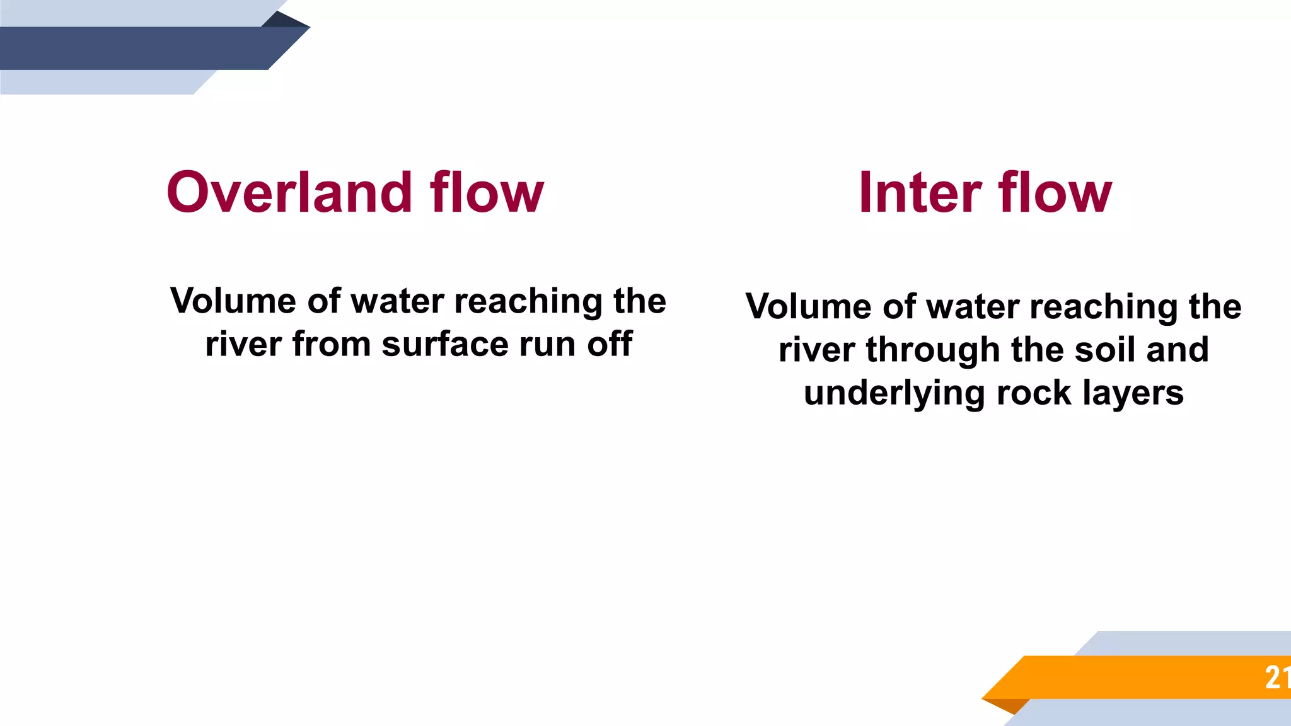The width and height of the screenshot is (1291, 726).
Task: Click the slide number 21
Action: click(x=1276, y=678)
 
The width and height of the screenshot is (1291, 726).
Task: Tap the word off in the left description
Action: click(x=610, y=345)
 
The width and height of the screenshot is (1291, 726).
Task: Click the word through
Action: click(x=934, y=350)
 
